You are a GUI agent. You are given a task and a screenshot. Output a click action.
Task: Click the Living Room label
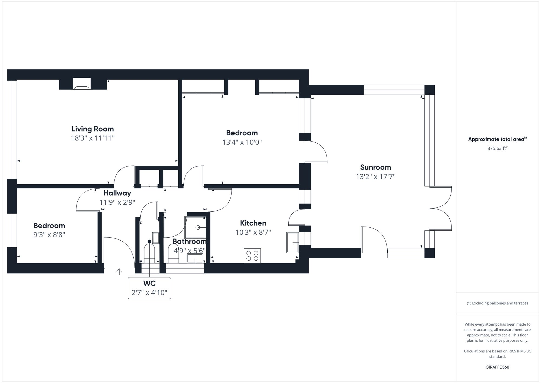(x=93, y=129)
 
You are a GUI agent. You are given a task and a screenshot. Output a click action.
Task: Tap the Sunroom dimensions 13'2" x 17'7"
(x=375, y=176)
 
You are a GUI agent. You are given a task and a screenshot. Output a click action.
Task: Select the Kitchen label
(x=253, y=223)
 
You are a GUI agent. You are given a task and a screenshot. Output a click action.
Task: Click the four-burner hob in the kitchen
(x=252, y=256)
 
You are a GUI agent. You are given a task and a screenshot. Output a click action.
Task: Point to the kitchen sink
(x=292, y=242)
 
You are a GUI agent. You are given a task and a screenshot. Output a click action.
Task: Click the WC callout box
(x=149, y=288)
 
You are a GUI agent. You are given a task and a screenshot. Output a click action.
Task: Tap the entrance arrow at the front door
(x=119, y=271)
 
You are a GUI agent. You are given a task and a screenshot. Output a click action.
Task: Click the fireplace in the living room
(x=82, y=84)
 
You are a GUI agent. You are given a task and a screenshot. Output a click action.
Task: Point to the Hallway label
(x=117, y=193)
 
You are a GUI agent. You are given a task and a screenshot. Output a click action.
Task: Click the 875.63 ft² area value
(x=497, y=148)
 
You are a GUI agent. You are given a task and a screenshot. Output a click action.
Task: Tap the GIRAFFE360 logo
(x=497, y=367)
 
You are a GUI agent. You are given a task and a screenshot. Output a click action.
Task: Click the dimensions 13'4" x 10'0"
(x=242, y=142)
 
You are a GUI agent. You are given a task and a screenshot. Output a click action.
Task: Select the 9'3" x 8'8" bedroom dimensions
(x=49, y=235)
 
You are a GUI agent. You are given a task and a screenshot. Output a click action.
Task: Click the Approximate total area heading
(x=497, y=139)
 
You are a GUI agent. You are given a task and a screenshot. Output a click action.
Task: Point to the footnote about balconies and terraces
(x=497, y=303)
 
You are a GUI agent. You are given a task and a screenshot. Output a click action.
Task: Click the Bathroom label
(x=189, y=241)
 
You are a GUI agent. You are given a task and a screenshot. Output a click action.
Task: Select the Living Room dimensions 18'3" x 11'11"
(x=93, y=138)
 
